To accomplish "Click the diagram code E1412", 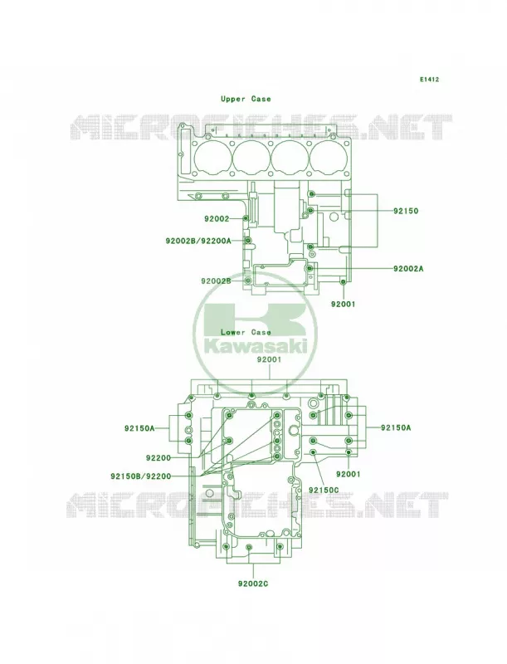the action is pos(429,79).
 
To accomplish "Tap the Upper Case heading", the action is pos(246,99).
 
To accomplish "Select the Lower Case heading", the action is pos(246,333).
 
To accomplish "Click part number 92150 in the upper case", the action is pos(406,211).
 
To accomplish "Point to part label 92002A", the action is pos(408,268).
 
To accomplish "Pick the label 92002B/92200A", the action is pos(198,241).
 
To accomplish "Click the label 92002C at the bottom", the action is pos(253,583).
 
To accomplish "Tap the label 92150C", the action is pos(324,490).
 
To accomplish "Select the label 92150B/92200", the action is pos(141,476).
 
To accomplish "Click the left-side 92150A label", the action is pos(139,428).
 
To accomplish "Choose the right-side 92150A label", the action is pos(396,427).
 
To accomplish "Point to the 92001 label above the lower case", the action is pos(269,359).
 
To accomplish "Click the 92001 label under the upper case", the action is pos(344,304).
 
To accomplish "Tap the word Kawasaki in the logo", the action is pos(256,346).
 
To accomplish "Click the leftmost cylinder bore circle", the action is pos(213,158).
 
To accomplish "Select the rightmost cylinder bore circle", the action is pos(328,158).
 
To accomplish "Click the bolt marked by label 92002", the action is pos(246,218).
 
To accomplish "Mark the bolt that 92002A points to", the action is pos(310,268).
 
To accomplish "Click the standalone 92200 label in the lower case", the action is pos(158,458).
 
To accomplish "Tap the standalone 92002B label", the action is pos(216,281).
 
